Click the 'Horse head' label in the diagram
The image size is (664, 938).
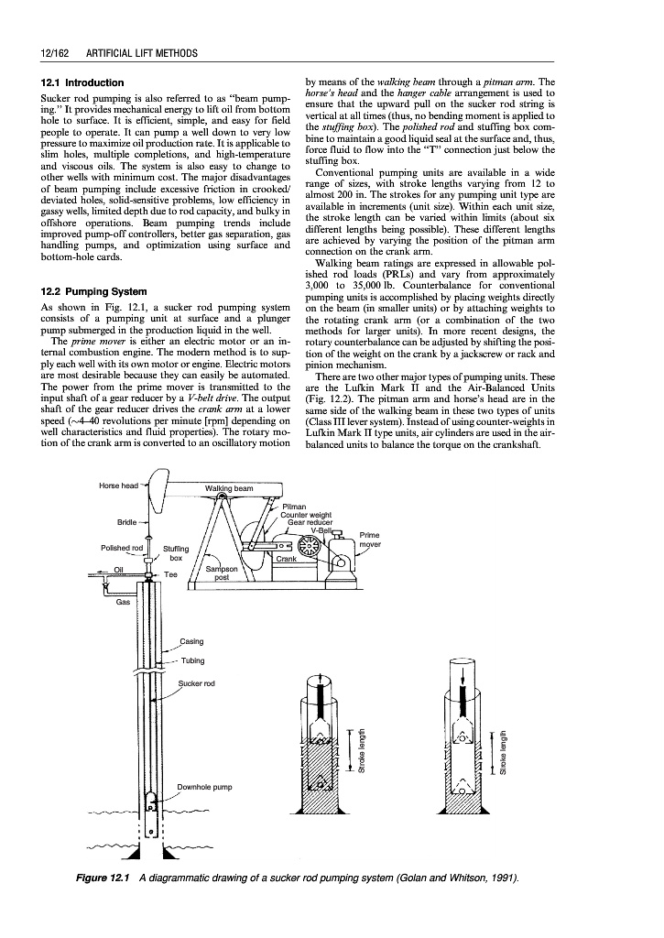[x=118, y=485]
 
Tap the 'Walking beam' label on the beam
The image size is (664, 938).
[x=229, y=488]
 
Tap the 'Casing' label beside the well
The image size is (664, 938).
[x=191, y=641]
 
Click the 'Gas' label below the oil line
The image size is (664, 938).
[x=123, y=602]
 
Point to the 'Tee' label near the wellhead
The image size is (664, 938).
[x=171, y=574]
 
